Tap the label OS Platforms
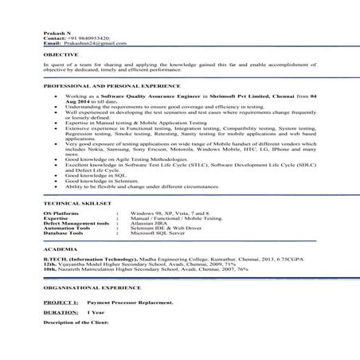(x=63, y=215)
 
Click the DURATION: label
(x=61, y=315)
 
